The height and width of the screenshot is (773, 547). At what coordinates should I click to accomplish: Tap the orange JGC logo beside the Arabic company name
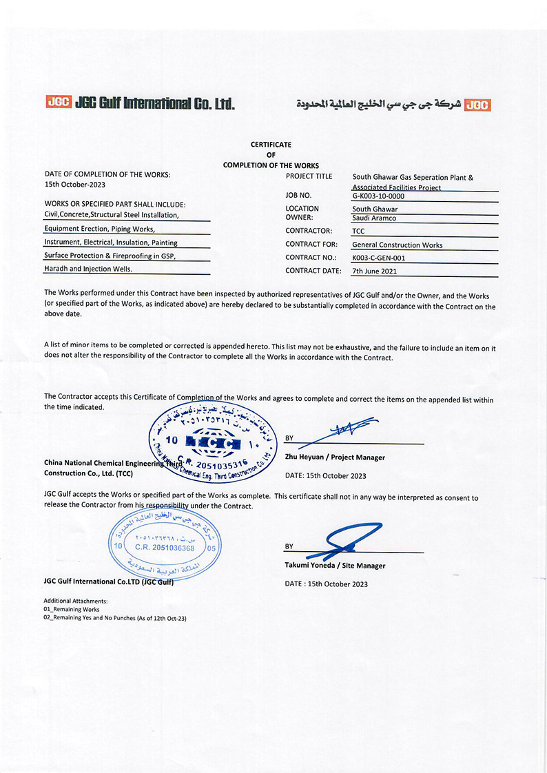477,105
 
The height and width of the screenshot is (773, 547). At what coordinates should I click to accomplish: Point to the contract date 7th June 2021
376,271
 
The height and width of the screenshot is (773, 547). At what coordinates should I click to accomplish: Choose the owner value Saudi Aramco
374,218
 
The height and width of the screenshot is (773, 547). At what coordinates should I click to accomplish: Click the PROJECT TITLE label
309,176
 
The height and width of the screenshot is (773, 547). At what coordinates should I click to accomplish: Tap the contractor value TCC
358,231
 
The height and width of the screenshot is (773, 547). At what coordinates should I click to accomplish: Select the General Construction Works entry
397,245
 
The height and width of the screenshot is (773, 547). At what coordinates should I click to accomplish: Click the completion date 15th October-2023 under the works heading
75,185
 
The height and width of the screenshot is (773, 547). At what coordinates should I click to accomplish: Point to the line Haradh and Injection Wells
88,269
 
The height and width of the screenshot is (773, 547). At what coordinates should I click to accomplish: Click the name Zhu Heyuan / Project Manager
335,457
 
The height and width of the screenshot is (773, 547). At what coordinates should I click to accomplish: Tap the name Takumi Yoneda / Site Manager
335,566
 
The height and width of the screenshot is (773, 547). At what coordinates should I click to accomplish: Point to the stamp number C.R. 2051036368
165,547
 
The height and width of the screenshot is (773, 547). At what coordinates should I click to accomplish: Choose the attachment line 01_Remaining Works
72,609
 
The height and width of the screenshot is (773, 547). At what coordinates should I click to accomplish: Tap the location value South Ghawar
375,209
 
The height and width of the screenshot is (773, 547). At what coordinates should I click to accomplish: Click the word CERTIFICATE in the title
271,145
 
